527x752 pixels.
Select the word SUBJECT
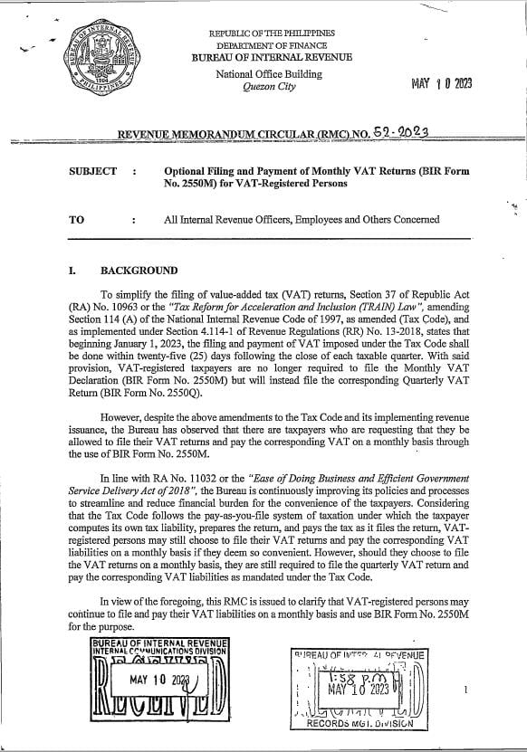92,171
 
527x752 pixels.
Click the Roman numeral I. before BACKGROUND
73,271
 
